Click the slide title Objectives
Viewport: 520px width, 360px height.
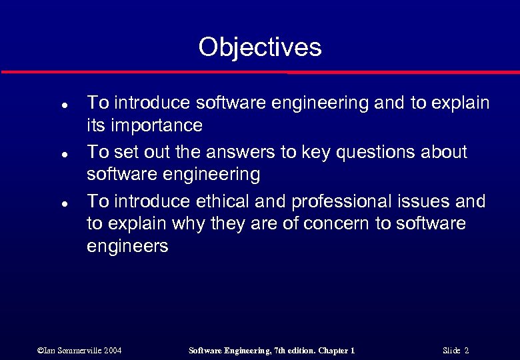pos(259,47)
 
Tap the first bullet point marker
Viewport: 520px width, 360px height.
pos(43,105)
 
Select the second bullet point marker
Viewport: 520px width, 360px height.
pos(43,154)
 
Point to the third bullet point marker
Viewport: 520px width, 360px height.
pos(43,203)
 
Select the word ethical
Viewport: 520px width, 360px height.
pos(224,201)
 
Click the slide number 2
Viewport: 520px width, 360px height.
pos(467,351)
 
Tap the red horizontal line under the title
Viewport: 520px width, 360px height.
pos(259,71)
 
